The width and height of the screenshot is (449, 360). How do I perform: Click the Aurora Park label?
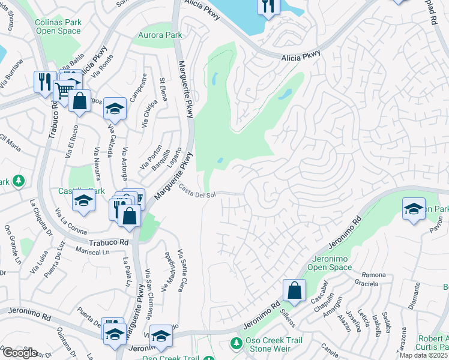pyautogui.click(x=160, y=35)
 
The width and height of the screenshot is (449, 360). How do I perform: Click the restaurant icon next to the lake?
pyautogui.click(x=268, y=7)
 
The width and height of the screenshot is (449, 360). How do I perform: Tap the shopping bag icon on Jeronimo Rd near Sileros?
pyautogui.click(x=294, y=290)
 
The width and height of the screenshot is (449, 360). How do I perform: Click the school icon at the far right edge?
pyautogui.click(x=414, y=209)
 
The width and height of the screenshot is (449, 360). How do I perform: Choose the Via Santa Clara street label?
pyautogui.click(x=184, y=270)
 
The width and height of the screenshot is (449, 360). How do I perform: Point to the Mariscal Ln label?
pyautogui.click(x=93, y=251)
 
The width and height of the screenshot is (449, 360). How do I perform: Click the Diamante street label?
pyautogui.click(x=414, y=295)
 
